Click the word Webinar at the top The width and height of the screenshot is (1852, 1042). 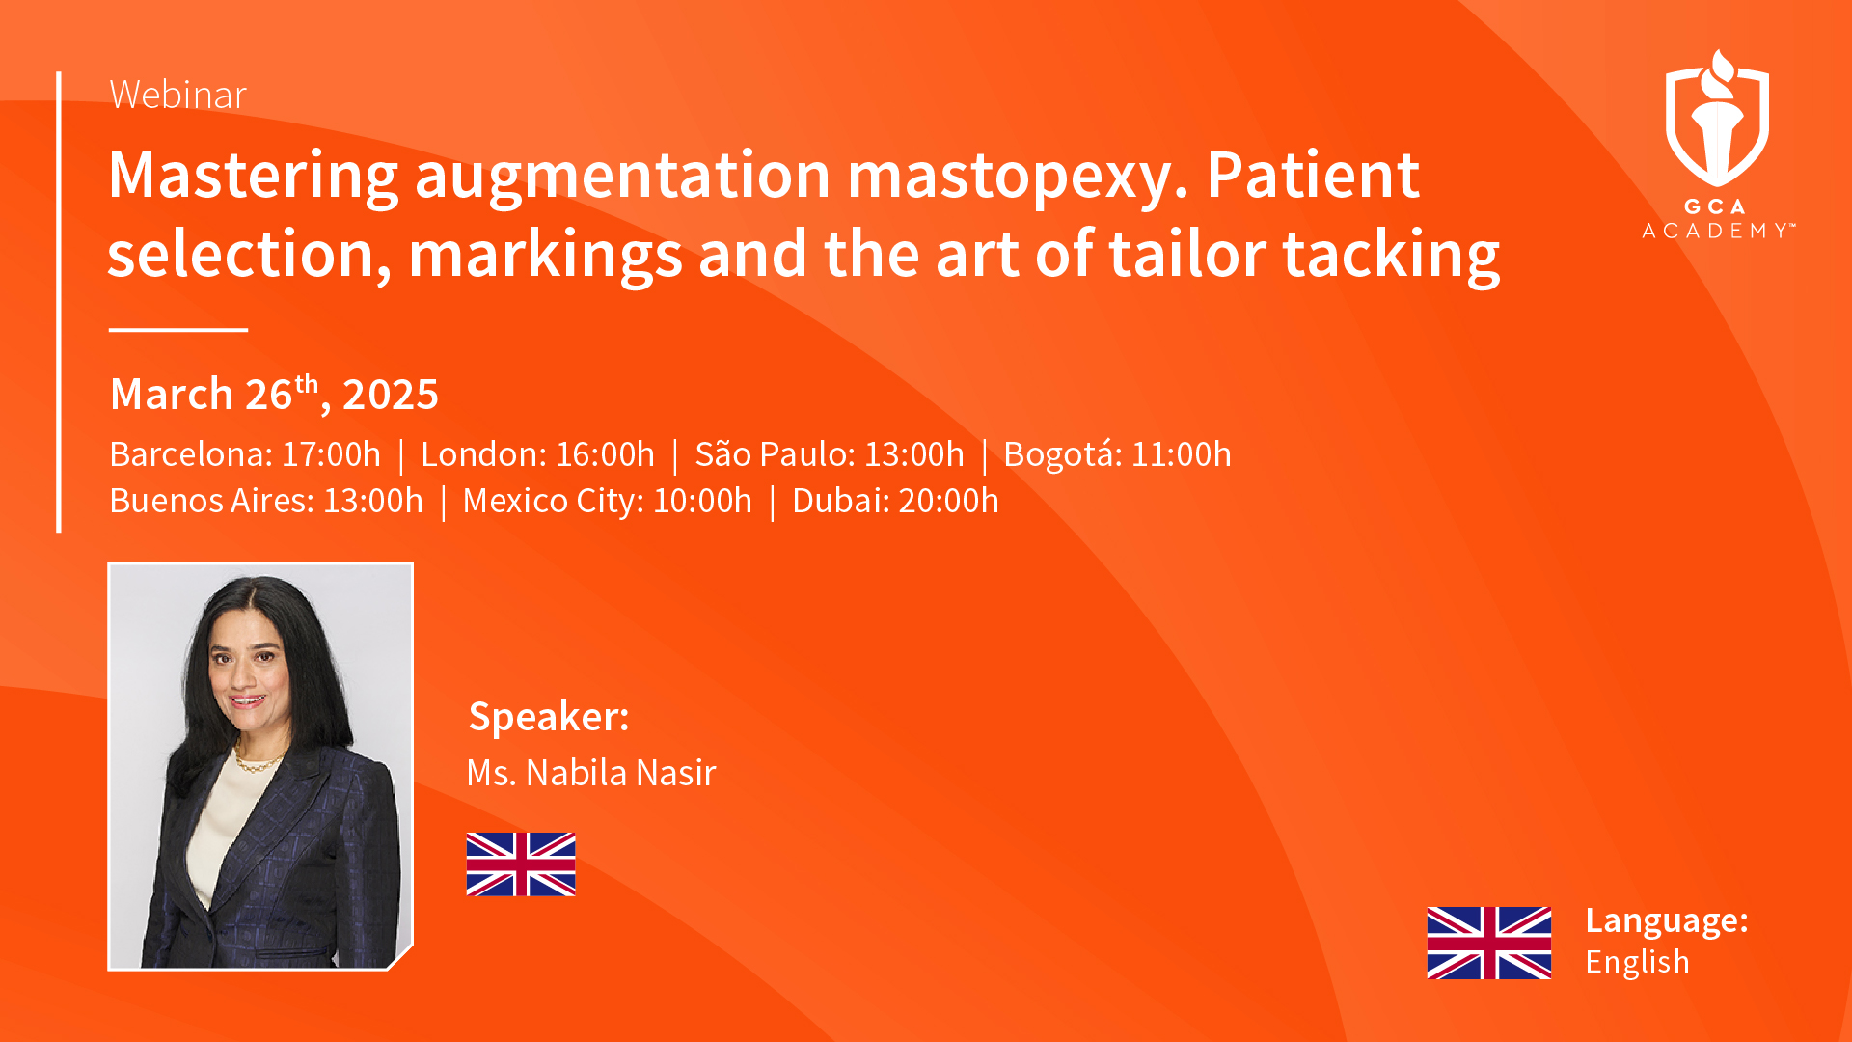178,95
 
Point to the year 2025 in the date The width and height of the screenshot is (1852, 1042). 390,395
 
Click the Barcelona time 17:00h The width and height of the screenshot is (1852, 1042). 331,454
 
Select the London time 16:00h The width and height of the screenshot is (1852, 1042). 605,454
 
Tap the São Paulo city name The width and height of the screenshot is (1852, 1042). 775,454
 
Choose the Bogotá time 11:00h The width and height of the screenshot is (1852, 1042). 1181,454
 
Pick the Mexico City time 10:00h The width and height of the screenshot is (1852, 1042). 702,501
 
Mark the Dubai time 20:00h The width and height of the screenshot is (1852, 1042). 948,501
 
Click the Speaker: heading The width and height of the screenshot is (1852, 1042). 549,717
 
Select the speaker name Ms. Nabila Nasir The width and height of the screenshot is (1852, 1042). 591,773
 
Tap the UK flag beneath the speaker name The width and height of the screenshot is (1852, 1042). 521,864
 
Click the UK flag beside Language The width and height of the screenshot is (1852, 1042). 1489,943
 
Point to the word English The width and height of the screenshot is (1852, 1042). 1637,962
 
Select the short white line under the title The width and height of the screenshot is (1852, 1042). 178,330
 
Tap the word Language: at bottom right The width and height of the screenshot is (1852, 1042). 1667,921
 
